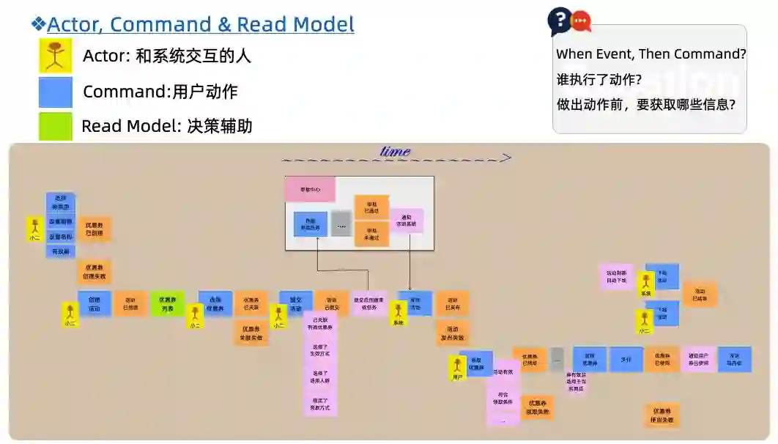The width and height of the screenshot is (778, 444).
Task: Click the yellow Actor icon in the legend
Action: (x=55, y=56)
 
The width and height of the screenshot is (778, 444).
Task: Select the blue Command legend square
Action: (x=55, y=92)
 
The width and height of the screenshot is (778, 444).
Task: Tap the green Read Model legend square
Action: (x=55, y=126)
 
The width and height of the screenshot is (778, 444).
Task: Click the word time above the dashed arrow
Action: (x=395, y=152)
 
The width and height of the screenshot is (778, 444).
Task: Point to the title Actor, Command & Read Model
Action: (x=200, y=24)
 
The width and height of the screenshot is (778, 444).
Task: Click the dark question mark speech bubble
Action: (x=559, y=21)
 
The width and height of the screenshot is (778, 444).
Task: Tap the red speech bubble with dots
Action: (x=581, y=21)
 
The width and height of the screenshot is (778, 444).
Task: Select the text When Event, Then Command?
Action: (x=651, y=54)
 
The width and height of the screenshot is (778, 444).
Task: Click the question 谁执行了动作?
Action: (x=599, y=79)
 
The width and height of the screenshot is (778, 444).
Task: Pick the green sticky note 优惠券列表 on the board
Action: (x=167, y=304)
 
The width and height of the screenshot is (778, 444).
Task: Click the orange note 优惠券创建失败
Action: (x=95, y=272)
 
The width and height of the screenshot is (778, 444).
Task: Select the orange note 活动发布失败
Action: (x=452, y=333)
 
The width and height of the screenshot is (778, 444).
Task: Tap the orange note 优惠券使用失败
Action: (x=662, y=415)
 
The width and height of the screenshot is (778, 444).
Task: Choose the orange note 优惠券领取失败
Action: (x=537, y=407)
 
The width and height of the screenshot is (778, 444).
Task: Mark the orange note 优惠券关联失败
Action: (x=251, y=333)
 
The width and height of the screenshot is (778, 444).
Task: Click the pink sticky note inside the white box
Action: (x=310, y=189)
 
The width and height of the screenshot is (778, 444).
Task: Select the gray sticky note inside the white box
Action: (x=341, y=224)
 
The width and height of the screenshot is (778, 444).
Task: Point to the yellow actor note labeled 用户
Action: (x=458, y=369)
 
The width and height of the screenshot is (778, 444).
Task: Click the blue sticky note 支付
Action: (x=626, y=360)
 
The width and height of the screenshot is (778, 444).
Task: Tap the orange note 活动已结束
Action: (x=699, y=295)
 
